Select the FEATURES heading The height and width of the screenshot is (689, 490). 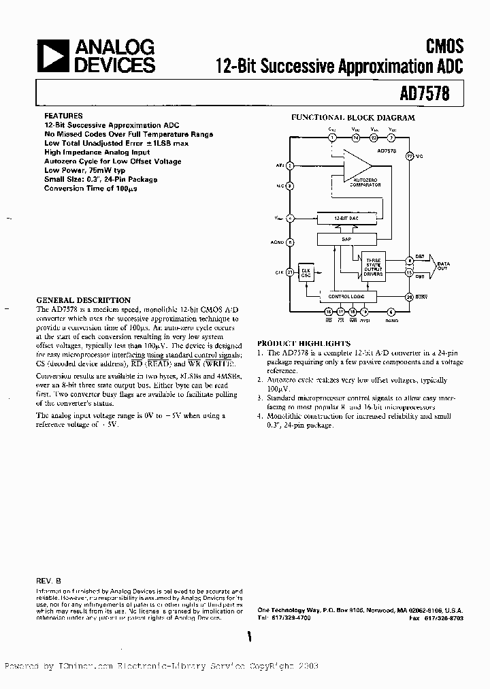[x=63, y=116]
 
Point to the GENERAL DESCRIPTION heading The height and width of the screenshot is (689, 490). [x=83, y=300]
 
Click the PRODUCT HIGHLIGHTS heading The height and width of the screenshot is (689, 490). [x=304, y=344]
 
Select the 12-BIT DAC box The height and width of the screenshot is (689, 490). [x=346, y=219]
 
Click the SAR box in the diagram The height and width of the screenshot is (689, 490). [x=346, y=240]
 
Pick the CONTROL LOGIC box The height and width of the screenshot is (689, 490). [x=346, y=297]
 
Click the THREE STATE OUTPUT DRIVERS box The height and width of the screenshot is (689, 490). [x=374, y=266]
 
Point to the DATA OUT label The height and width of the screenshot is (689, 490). [x=444, y=265]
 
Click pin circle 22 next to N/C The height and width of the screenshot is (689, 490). [x=410, y=156]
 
